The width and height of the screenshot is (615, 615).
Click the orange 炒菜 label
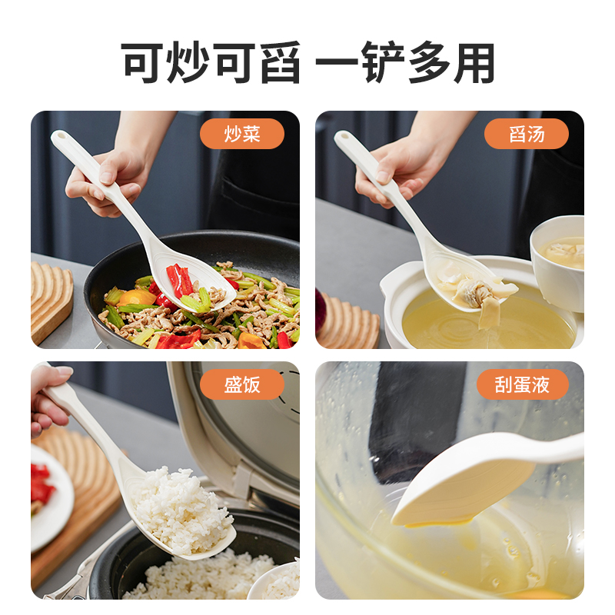tap(242, 134)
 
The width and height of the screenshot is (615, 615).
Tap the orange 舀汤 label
tap(527, 134)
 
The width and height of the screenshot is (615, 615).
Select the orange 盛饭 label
tap(242, 384)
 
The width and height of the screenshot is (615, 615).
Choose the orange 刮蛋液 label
tap(523, 384)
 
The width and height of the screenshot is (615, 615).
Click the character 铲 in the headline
tap(383, 63)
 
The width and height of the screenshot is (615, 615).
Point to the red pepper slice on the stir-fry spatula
tap(180, 280)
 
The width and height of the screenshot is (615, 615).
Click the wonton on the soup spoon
tap(477, 292)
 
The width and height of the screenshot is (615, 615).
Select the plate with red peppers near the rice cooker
tap(51, 498)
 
